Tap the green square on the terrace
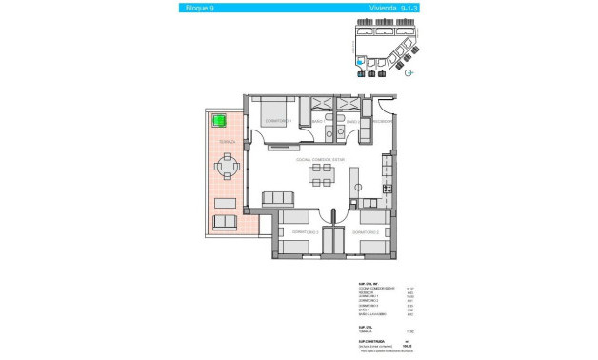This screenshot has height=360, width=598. (x=218, y=121)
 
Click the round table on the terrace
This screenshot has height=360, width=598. (x=226, y=169)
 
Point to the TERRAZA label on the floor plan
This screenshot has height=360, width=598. (x=226, y=141)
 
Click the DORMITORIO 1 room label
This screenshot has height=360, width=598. (x=277, y=122)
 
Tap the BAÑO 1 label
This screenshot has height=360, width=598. (x=320, y=122)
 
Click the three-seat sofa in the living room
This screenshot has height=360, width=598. (x=278, y=198)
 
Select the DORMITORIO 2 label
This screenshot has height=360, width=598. (x=366, y=232)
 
